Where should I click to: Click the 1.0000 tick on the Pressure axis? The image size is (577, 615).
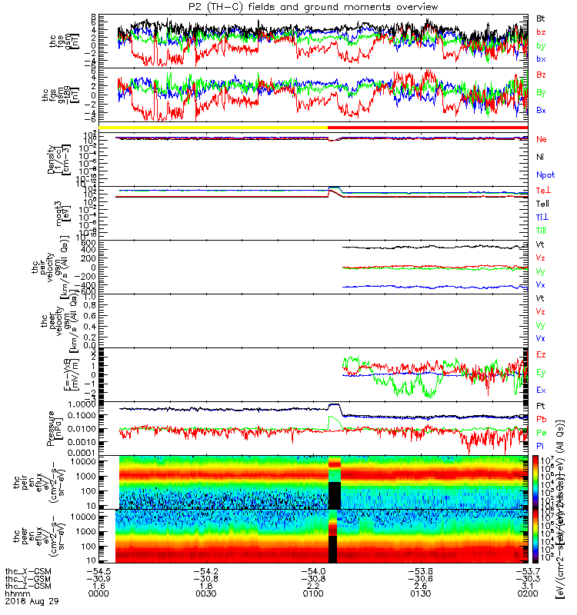[x=100, y=404]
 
